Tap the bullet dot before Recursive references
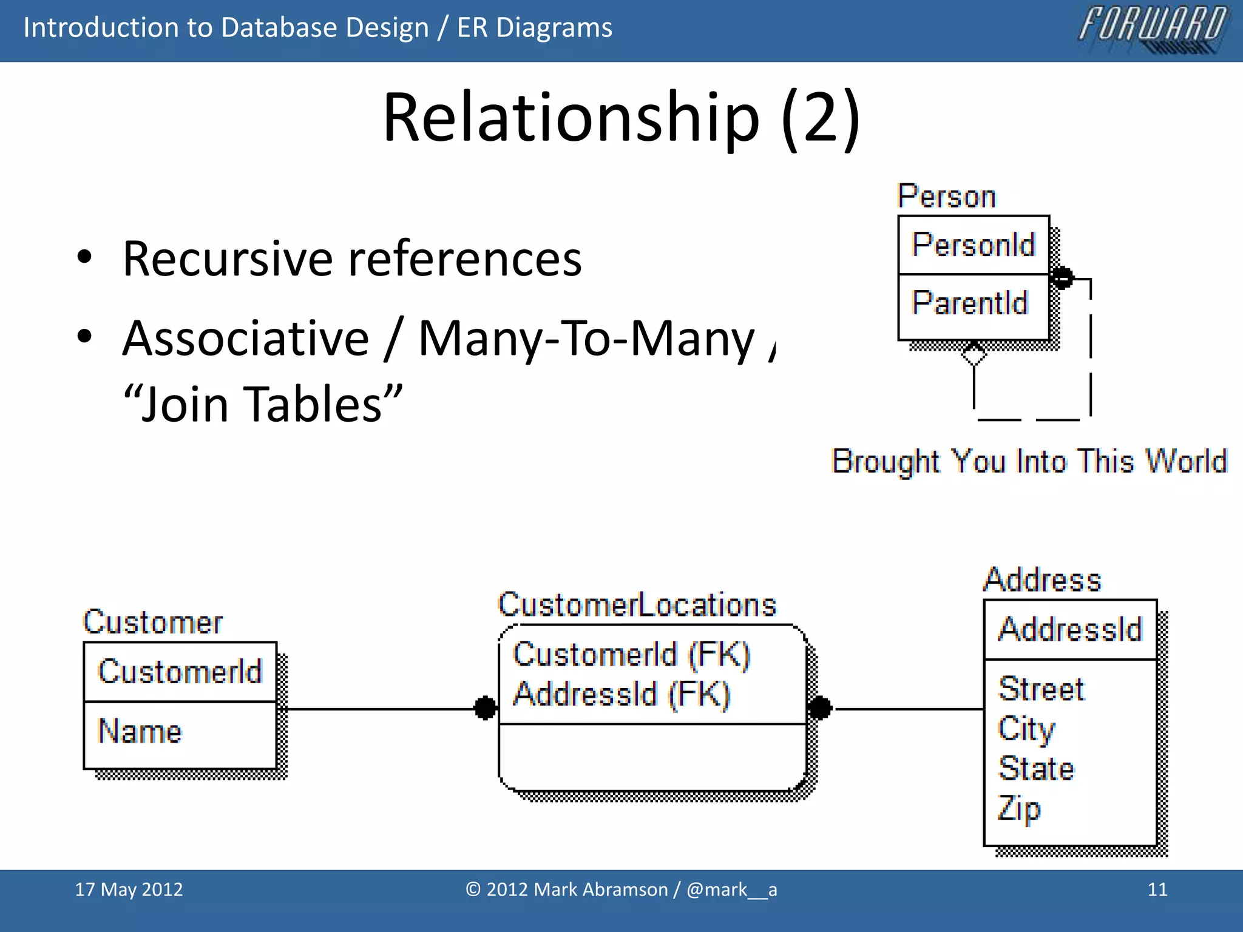(84, 257)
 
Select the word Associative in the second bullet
(246, 338)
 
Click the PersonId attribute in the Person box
(973, 245)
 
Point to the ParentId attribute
(970, 302)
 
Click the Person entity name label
(946, 197)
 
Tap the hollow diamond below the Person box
(974, 354)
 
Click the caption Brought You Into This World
(1029, 461)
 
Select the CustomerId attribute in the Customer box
(180, 672)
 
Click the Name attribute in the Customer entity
(140, 731)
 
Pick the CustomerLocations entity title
(637, 605)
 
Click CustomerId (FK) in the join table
(631, 655)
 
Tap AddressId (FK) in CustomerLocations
(621, 694)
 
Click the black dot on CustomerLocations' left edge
(485, 707)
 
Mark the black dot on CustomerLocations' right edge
(820, 707)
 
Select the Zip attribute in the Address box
(1019, 809)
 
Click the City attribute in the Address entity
(1026, 729)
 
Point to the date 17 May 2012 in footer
(129, 890)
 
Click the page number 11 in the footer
(1157, 890)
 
